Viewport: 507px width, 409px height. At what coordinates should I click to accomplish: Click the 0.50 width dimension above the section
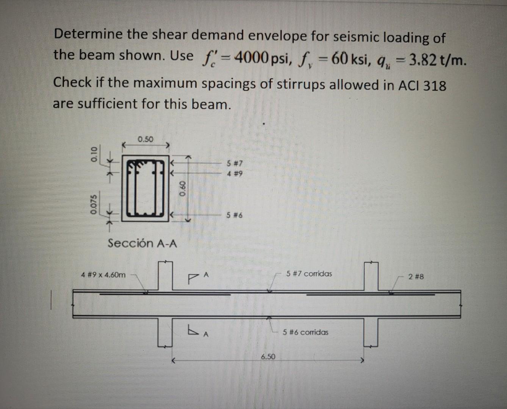tap(146, 139)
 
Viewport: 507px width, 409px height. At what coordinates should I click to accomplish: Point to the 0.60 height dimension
tap(183, 188)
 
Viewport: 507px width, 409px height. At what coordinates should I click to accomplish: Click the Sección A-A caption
tap(142, 243)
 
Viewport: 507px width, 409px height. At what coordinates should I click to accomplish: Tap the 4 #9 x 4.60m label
tap(103, 275)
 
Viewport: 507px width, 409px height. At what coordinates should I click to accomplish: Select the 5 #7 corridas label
tap(309, 273)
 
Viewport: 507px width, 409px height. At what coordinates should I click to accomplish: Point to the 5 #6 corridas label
tap(305, 332)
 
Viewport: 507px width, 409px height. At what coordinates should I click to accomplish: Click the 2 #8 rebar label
tap(416, 276)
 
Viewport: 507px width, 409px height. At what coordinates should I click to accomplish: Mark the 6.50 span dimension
tap(268, 356)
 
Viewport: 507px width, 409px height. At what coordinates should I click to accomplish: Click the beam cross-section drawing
tap(146, 188)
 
